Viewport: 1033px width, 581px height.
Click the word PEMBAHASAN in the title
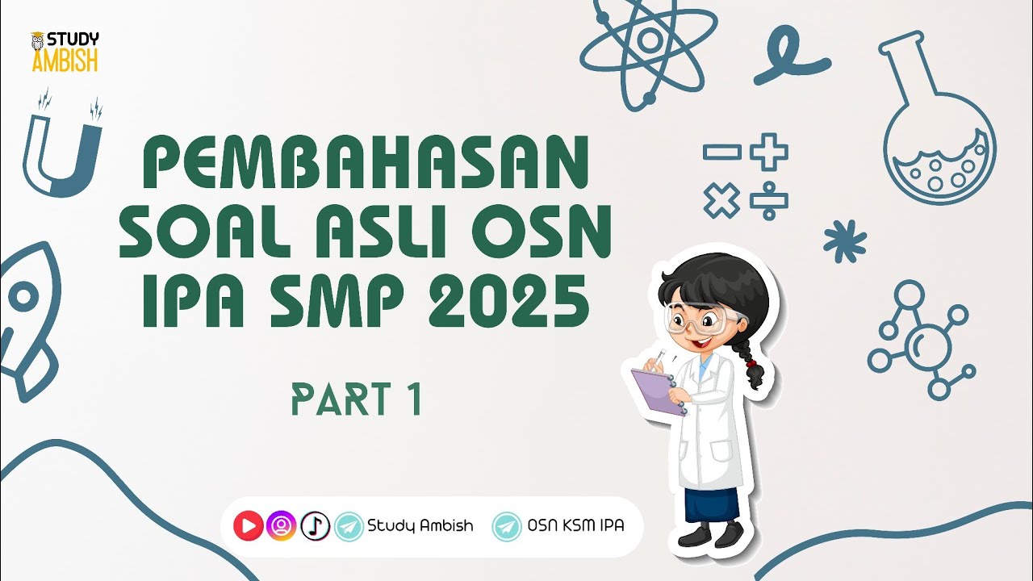point(365,164)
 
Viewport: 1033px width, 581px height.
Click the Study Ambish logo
point(65,52)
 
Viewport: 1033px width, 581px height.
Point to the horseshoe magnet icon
point(64,149)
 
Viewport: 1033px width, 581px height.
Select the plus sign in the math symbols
point(768,152)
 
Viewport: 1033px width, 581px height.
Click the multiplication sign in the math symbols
point(721,200)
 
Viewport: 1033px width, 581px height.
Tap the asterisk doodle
point(845,240)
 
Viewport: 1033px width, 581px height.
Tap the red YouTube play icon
point(249,526)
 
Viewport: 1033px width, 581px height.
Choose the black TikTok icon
point(316,526)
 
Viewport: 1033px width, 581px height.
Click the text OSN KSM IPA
point(575,526)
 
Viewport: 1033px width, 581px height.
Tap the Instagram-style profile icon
point(282,526)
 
